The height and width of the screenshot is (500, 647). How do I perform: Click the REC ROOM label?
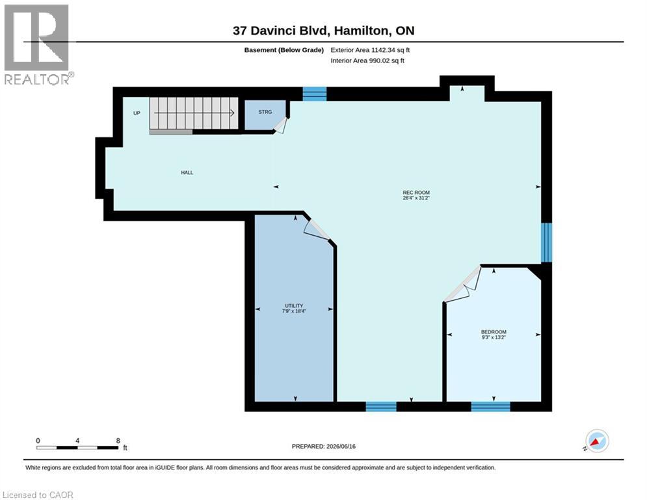416,193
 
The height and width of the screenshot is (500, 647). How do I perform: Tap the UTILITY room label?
294,306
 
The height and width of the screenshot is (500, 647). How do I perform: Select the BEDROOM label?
494,332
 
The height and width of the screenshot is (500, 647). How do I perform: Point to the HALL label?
187,173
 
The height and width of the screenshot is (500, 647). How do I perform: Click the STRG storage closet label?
265,112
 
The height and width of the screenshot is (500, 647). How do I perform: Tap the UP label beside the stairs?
137,113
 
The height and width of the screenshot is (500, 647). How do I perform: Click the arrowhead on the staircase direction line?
232,113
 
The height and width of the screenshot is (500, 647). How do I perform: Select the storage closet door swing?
281,126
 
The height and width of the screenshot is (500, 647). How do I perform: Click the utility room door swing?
316,229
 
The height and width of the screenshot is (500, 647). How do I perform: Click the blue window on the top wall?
315,94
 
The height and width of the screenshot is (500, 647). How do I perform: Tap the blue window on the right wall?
546,243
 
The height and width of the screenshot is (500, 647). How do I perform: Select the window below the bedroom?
490,407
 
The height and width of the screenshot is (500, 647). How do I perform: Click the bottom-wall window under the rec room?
381,407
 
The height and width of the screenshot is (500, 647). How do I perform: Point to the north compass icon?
597,441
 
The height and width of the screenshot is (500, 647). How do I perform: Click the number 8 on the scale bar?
118,441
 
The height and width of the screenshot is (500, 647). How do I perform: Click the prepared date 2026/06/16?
341,446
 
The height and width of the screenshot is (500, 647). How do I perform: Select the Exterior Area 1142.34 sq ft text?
370,50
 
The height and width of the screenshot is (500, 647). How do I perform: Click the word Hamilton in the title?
361,31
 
